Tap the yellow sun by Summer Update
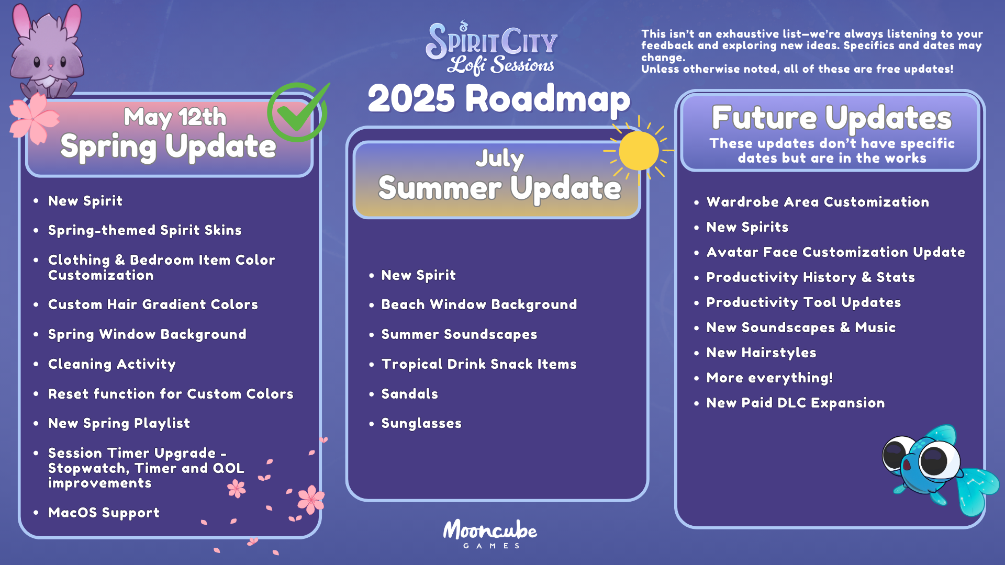pyautogui.click(x=639, y=151)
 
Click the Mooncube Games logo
pyautogui.click(x=490, y=534)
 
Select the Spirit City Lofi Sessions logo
pyautogui.click(x=492, y=48)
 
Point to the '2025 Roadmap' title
pyautogui.click(x=499, y=99)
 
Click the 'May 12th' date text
pyautogui.click(x=175, y=117)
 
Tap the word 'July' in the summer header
pyautogui.click(x=499, y=159)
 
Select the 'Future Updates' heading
pyautogui.click(x=831, y=118)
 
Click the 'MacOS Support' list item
pyautogui.click(x=104, y=513)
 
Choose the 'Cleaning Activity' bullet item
pyautogui.click(x=111, y=364)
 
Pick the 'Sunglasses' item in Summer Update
pyautogui.click(x=421, y=423)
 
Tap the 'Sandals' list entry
pyautogui.click(x=409, y=394)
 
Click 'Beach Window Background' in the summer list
pyautogui.click(x=479, y=304)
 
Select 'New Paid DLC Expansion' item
pyautogui.click(x=795, y=403)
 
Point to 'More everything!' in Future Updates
pyautogui.click(x=769, y=378)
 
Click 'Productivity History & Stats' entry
pyautogui.click(x=810, y=277)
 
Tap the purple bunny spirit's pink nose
pyautogui.click(x=51, y=67)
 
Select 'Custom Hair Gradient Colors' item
pyautogui.click(x=153, y=304)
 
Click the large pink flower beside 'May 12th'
pyautogui.click(x=35, y=118)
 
